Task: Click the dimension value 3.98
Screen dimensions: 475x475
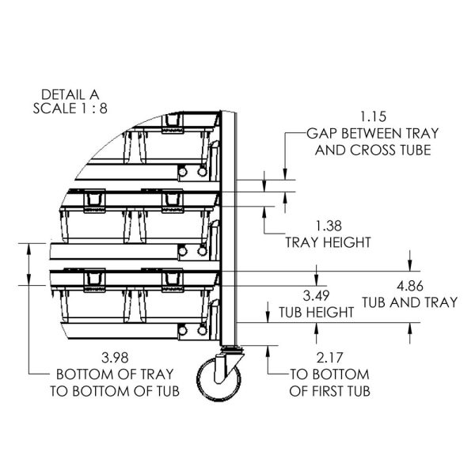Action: [x=118, y=358]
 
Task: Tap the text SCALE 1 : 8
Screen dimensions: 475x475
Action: [x=72, y=107]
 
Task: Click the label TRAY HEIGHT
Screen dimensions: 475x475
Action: [x=329, y=241]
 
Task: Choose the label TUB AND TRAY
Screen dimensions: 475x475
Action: [x=409, y=302]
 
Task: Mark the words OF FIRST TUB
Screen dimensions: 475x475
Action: [x=331, y=390]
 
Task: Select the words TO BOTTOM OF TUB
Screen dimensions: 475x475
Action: [x=118, y=390]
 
